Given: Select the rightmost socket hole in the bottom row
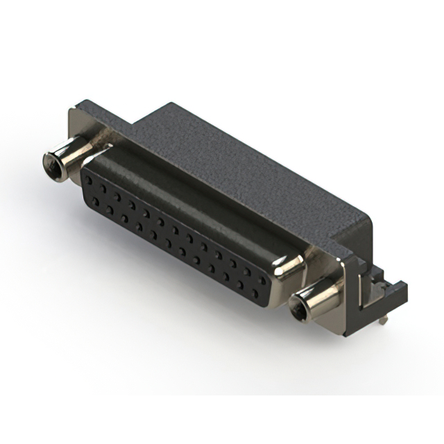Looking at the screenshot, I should (258, 292).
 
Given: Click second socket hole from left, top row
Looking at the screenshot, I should (103, 187).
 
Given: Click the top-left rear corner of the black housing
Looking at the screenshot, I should (166, 105).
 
